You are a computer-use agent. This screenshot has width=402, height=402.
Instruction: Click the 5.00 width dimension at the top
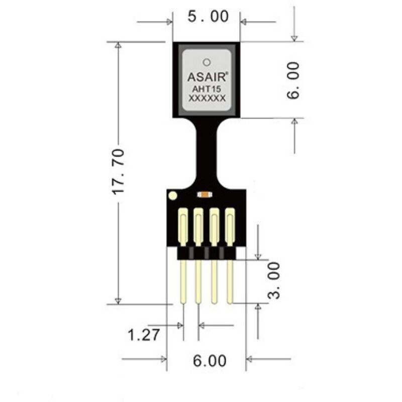(x=208, y=17)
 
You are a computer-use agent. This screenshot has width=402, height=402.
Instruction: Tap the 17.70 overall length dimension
(x=119, y=171)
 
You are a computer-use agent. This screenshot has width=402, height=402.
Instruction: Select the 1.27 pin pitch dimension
(x=143, y=335)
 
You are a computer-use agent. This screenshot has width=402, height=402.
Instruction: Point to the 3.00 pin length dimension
(x=274, y=280)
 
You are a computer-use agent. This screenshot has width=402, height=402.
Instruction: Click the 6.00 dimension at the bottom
(x=210, y=361)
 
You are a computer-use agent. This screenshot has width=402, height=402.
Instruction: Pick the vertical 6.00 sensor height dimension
(x=293, y=80)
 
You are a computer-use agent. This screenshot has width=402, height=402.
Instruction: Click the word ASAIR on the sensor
(x=207, y=77)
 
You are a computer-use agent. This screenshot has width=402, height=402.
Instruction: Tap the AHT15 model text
(x=207, y=89)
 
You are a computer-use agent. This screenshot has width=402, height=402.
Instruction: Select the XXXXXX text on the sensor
(x=207, y=98)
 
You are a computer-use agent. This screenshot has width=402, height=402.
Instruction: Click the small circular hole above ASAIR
(x=207, y=62)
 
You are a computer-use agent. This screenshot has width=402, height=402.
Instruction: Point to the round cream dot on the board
(x=172, y=196)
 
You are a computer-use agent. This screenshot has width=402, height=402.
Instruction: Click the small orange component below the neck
(x=205, y=195)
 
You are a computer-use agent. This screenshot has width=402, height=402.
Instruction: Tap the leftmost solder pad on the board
(x=182, y=227)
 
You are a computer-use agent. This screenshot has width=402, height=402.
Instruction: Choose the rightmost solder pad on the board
(x=230, y=227)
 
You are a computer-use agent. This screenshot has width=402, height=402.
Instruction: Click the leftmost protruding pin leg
(x=183, y=282)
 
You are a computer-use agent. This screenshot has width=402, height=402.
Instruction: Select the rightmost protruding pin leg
(x=230, y=282)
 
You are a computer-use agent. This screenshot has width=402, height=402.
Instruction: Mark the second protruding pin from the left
(x=198, y=282)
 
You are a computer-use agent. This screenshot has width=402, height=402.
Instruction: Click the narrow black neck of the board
(x=207, y=153)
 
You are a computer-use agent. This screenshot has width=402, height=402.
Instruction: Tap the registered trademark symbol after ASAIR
(x=227, y=73)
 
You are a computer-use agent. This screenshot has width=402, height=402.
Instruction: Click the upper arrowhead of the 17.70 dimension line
(x=118, y=45)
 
